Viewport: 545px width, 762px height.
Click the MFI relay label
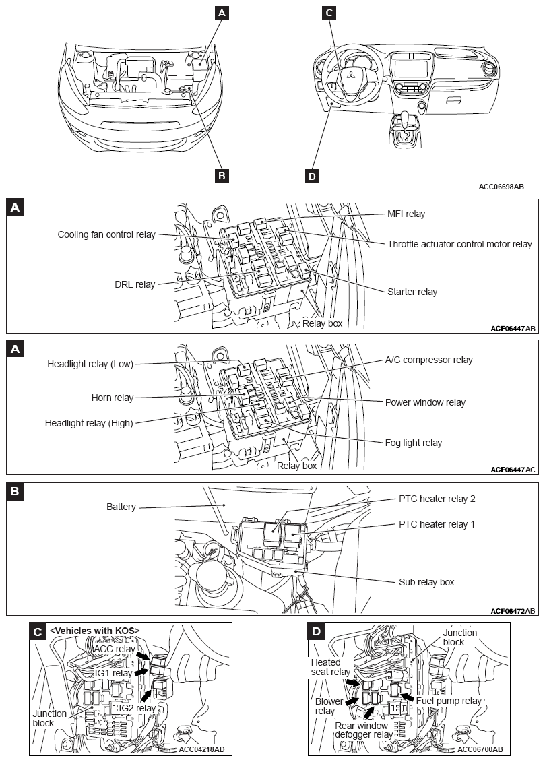[x=406, y=214]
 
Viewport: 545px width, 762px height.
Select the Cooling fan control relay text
[x=106, y=234]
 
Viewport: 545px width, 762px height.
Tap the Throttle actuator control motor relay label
[x=459, y=244]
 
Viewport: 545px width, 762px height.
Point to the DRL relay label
[x=135, y=284]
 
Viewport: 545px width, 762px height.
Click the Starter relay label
[x=412, y=292]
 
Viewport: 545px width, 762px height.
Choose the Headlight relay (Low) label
[x=90, y=364]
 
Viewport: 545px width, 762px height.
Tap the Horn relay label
[x=113, y=398]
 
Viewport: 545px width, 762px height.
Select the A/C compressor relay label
[x=428, y=360]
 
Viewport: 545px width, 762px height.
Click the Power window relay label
[x=425, y=402]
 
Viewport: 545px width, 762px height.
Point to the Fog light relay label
[x=413, y=443]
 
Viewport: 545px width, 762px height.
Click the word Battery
[x=121, y=506]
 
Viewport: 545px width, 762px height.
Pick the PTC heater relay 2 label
[x=437, y=499]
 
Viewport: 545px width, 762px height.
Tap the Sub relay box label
[x=426, y=582]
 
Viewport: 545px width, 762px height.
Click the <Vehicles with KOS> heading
[x=94, y=630]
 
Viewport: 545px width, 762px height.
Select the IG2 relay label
[x=137, y=708]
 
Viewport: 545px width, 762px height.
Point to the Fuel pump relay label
[x=449, y=701]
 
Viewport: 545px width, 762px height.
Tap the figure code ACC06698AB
[x=501, y=186]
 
